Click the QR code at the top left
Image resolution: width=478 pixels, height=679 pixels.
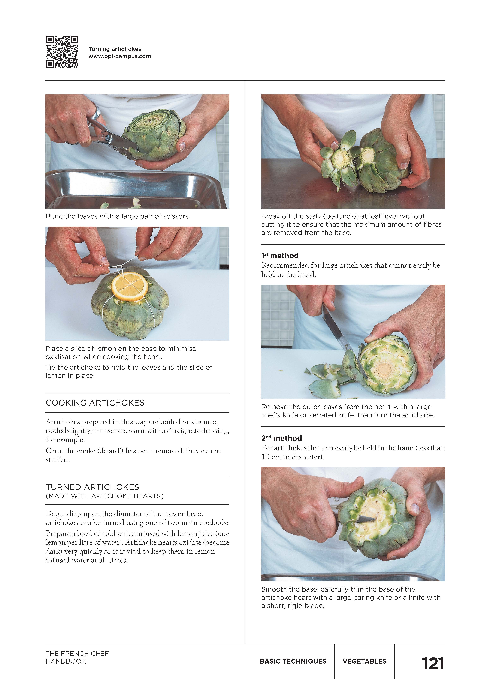[62, 52]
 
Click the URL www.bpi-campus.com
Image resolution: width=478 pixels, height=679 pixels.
[120, 56]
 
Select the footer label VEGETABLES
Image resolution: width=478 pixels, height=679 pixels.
[364, 661]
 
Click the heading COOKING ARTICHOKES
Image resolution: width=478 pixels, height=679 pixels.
[95, 403]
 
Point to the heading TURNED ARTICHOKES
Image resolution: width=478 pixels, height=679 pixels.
[92, 487]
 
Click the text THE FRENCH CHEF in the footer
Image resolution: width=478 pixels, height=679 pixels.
[77, 654]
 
